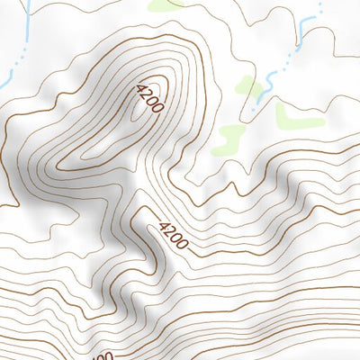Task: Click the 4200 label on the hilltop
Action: [x=149, y=98]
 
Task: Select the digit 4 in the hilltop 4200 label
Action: [x=140, y=88]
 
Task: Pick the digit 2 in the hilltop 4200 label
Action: [x=147, y=94]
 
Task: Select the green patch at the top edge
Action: [x=167, y=4]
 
